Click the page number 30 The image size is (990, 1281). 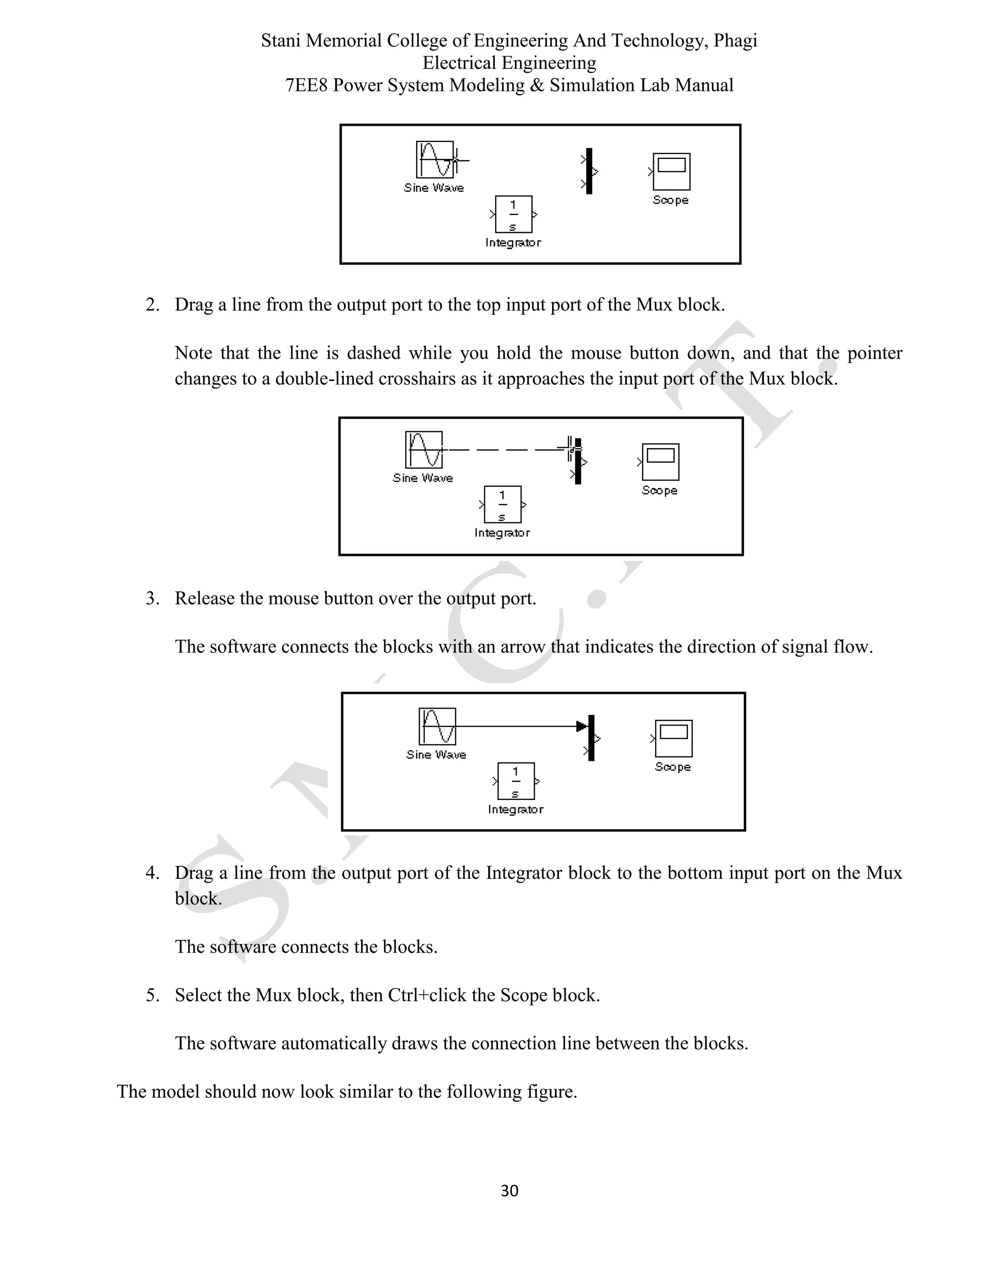(509, 1190)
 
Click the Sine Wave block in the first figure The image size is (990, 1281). (435, 160)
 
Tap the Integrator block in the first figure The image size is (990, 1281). (513, 215)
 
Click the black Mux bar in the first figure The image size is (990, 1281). (589, 171)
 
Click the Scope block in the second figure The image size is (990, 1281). (660, 462)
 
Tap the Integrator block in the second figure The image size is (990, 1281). (502, 504)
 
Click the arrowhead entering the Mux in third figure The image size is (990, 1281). (581, 727)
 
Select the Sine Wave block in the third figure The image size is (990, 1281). (437, 727)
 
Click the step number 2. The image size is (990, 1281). (152, 305)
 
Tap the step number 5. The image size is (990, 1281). (152, 995)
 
